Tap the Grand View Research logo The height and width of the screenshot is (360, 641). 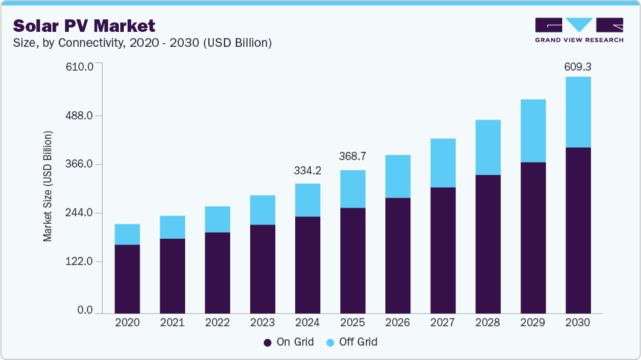tap(579, 30)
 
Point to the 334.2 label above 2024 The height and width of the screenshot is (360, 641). tap(307, 171)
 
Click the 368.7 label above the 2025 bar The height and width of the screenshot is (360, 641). tap(352, 156)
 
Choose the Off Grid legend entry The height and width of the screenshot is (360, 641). tap(352, 342)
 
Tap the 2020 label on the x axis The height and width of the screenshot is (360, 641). tap(127, 322)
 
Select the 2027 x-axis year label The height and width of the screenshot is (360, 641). tap(442, 322)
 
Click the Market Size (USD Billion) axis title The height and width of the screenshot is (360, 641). tap(48, 187)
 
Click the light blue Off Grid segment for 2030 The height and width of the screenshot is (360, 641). tap(578, 112)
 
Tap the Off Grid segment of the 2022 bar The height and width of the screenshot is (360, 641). tap(217, 219)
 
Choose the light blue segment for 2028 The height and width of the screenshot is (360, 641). tap(488, 147)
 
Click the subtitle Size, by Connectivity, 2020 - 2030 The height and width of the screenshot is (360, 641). tap(142, 43)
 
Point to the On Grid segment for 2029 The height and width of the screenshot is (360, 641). tap(533, 237)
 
